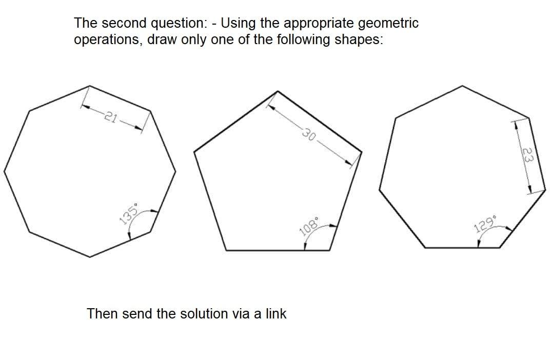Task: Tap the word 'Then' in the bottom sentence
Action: [103, 313]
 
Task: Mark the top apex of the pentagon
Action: [278, 91]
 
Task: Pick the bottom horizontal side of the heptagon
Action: [461, 247]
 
